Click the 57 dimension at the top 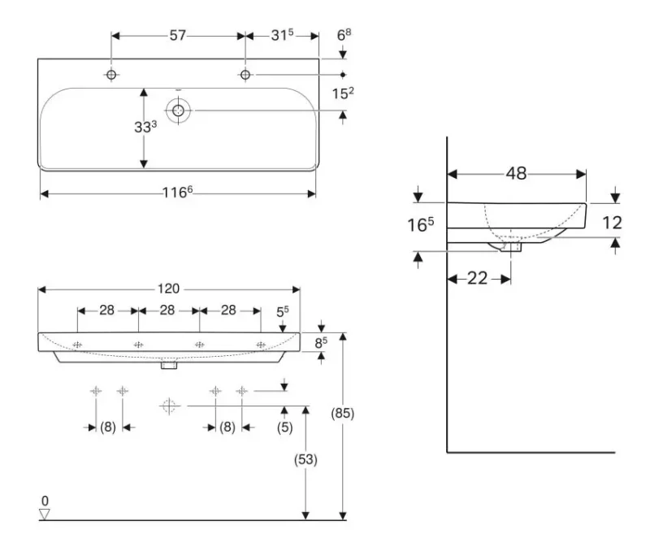pyautogui.click(x=177, y=35)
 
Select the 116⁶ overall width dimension pyautogui.click(x=177, y=192)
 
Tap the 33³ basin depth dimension pyautogui.click(x=145, y=127)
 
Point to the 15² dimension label pyautogui.click(x=343, y=93)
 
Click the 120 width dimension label pyautogui.click(x=168, y=289)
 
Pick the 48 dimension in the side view pyautogui.click(x=516, y=173)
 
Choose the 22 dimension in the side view pyautogui.click(x=478, y=278)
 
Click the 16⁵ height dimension pyautogui.click(x=420, y=224)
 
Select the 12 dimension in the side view pyautogui.click(x=612, y=223)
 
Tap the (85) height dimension pyautogui.click(x=342, y=413)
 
